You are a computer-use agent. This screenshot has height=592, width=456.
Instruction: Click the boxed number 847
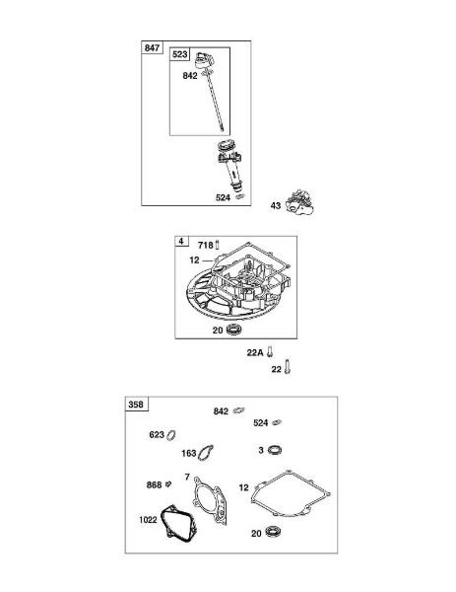152,48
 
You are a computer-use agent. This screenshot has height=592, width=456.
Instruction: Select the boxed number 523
180,54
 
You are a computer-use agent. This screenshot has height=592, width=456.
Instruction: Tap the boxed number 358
136,405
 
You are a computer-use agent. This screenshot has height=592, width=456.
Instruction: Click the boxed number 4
181,241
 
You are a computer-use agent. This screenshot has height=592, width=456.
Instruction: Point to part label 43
276,205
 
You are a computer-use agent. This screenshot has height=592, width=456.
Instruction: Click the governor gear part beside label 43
299,202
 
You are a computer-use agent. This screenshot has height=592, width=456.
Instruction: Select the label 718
206,246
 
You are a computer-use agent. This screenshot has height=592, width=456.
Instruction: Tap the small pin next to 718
218,245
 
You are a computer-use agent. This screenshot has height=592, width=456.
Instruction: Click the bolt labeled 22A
270,352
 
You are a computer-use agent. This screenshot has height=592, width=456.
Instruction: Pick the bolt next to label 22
287,366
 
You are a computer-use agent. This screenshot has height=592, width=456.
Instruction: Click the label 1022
148,520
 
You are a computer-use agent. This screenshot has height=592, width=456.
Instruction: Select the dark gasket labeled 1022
178,524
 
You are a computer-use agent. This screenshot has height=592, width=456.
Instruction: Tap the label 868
154,484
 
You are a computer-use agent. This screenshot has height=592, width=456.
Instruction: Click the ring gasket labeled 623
171,435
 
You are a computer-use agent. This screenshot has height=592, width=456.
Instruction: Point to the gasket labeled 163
206,452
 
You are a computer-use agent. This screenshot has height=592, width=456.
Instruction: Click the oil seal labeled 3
275,450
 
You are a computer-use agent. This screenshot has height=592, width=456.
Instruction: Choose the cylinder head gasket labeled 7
211,500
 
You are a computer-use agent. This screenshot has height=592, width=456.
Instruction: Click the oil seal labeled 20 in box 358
272,532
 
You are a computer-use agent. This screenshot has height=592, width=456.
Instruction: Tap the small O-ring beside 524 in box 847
240,196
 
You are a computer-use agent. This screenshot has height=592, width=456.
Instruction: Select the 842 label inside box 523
190,76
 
